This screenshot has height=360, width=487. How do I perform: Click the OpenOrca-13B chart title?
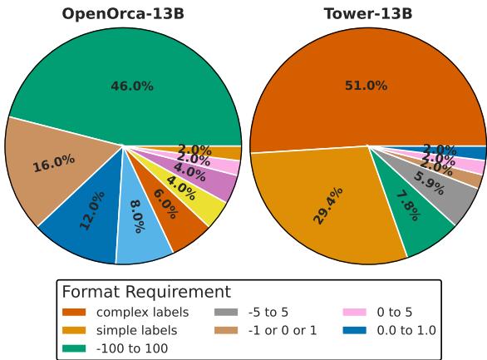[123, 13]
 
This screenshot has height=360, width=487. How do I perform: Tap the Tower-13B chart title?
[367, 13]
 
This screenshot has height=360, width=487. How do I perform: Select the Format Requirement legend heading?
[145, 292]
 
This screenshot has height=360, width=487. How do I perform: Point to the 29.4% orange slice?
[324, 212]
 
